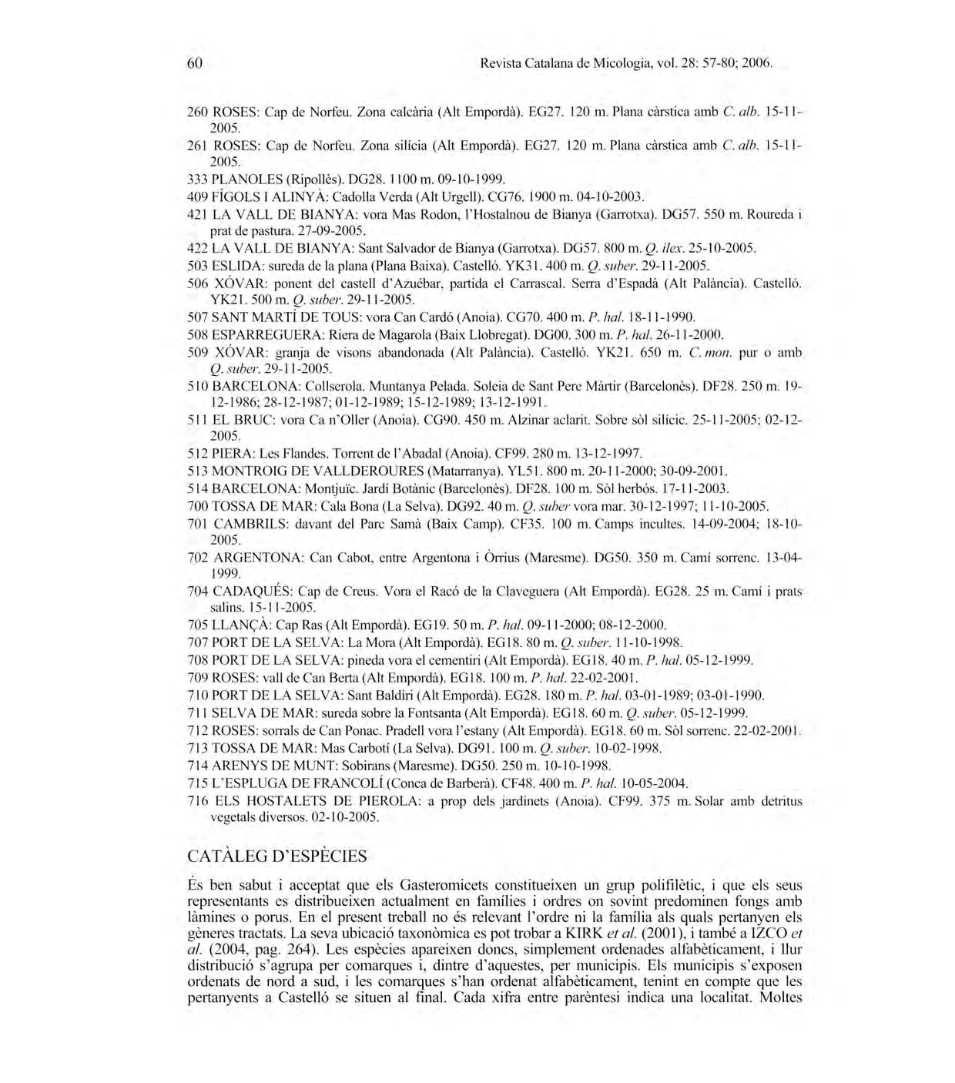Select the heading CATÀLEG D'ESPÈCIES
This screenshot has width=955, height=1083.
pyautogui.click(x=277, y=856)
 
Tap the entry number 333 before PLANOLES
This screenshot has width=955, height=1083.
pyautogui.click(x=198, y=179)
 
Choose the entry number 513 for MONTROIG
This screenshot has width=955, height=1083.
pyautogui.click(x=198, y=471)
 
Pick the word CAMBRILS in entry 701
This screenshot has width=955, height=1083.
pyautogui.click(x=246, y=523)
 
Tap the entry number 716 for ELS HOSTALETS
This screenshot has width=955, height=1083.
pyautogui.click(x=199, y=800)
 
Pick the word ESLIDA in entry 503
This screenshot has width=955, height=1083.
pyautogui.click(x=233, y=266)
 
